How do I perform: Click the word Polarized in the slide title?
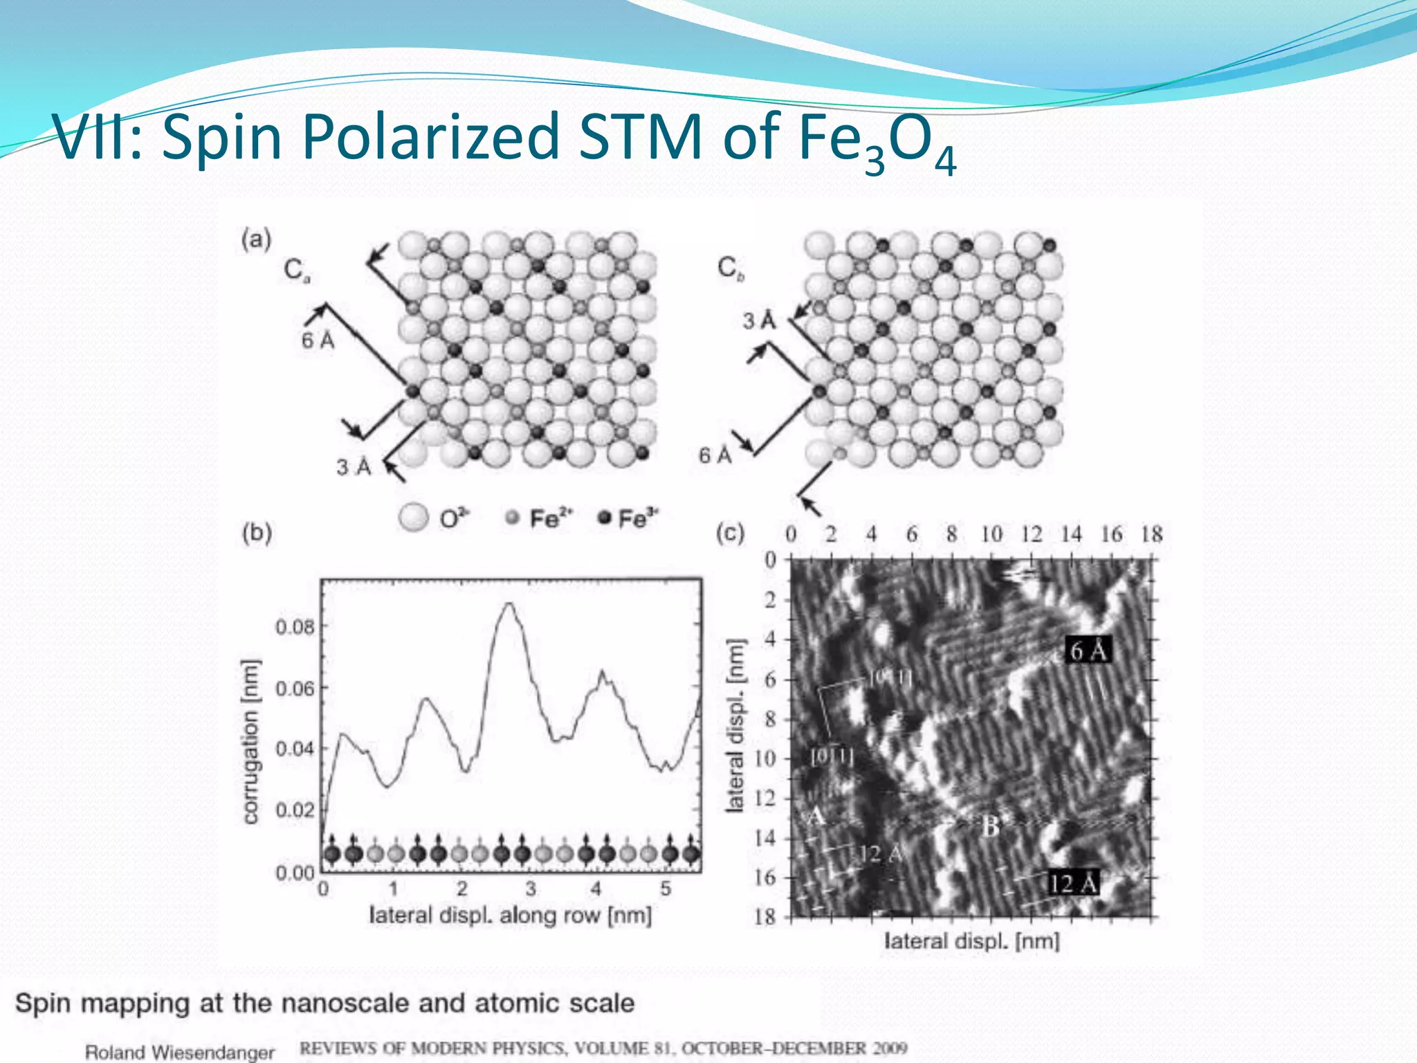point(430,137)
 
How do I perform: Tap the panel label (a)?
point(256,240)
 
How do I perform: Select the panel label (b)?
point(257,532)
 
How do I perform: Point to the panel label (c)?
point(730,533)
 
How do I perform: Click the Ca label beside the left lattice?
point(297,270)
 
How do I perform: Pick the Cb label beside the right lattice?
point(731,268)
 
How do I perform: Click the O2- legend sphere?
point(414,518)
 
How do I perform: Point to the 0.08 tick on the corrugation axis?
point(295,627)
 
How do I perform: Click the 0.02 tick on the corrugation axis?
point(295,810)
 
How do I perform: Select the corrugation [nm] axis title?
point(251,741)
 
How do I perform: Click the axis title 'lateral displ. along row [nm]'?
point(511,916)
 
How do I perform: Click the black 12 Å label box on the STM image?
point(1072,883)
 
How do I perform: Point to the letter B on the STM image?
point(990,826)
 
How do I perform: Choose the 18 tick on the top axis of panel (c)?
point(1151,534)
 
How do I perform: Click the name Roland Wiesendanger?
point(180,1052)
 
